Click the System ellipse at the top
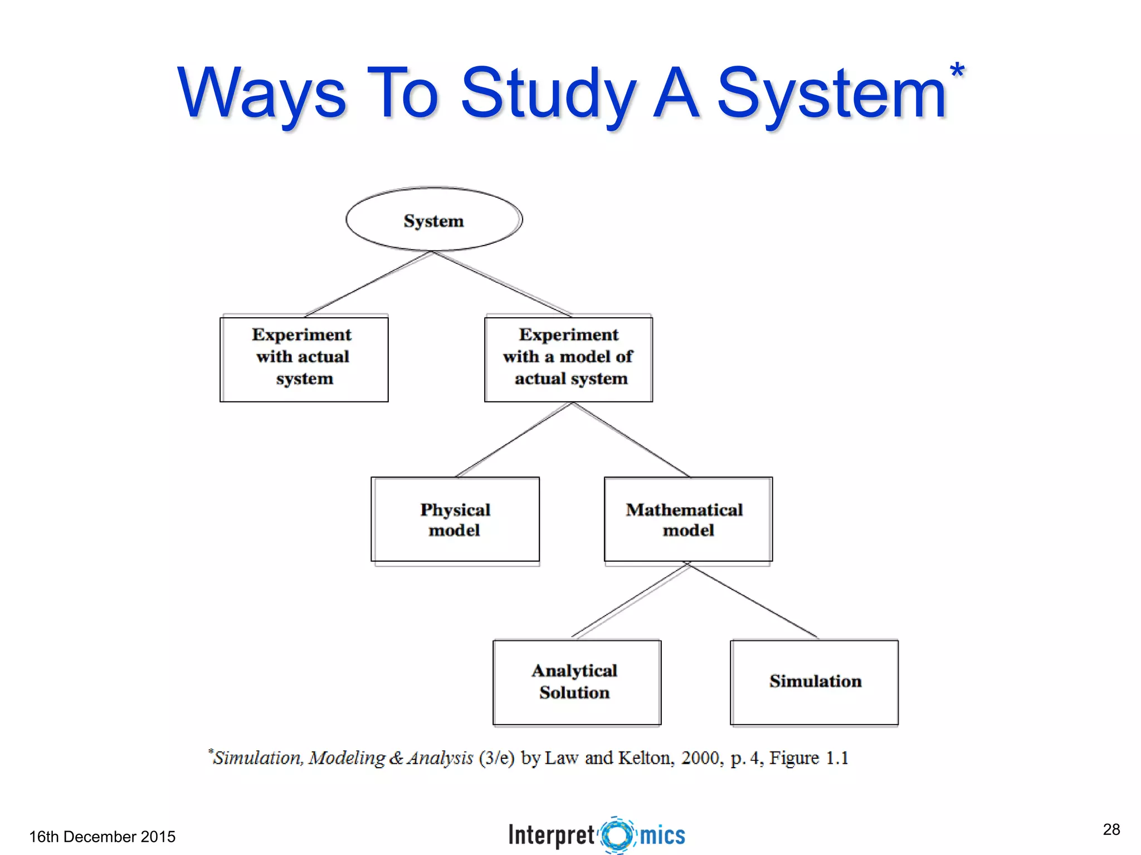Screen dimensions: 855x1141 pos(434,220)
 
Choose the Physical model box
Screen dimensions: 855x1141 pos(455,519)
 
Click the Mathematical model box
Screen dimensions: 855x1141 pos(688,519)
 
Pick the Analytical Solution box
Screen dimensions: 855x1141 pos(577,682)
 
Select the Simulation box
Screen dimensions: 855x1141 pos(814,682)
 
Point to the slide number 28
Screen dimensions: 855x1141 pos(1111,829)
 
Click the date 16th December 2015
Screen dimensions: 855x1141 pos(102,837)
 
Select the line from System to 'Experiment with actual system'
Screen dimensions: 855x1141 pos(369,284)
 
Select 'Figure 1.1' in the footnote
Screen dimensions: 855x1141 pos(808,758)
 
